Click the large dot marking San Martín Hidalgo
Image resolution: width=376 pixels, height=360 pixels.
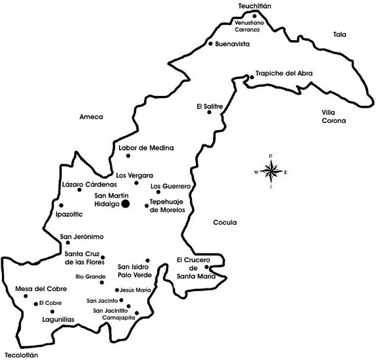pyautogui.click(x=125, y=204)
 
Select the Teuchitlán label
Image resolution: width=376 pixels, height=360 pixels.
pyautogui.click(x=255, y=6)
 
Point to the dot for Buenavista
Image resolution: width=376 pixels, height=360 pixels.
pyautogui.click(x=210, y=44)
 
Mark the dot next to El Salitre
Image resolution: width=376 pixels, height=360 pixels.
pyautogui.click(x=210, y=112)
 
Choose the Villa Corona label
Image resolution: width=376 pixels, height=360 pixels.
pyautogui.click(x=333, y=117)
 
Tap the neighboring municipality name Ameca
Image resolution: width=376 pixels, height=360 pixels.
pyautogui.click(x=91, y=116)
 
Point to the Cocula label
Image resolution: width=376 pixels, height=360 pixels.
pyautogui.click(x=225, y=222)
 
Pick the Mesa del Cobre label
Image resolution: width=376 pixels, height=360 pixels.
pyautogui.click(x=40, y=288)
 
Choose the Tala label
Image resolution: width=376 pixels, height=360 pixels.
pyautogui.click(x=339, y=34)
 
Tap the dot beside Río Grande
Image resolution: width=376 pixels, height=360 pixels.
pyautogui.click(x=102, y=282)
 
